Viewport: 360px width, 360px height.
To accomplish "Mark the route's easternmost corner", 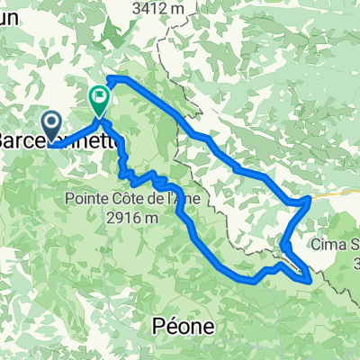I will point(310,198).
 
